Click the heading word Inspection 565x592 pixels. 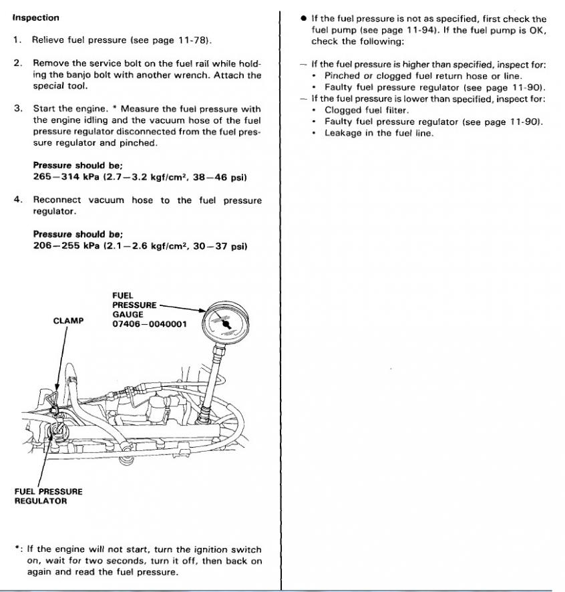36,18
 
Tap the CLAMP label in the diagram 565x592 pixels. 68,321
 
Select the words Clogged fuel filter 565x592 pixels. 367,110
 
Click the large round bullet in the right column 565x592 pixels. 304,19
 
